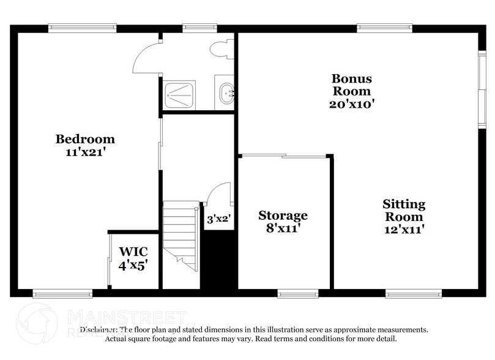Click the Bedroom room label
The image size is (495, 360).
(86, 138)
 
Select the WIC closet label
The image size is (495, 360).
(133, 251)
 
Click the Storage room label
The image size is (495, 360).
(283, 216)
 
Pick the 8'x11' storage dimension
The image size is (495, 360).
(283, 229)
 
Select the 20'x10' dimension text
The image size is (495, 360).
(352, 103)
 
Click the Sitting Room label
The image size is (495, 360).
(404, 210)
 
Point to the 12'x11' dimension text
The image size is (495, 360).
(404, 230)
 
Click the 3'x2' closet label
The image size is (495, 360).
(218, 219)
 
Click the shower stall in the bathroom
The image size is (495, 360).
(181, 95)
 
